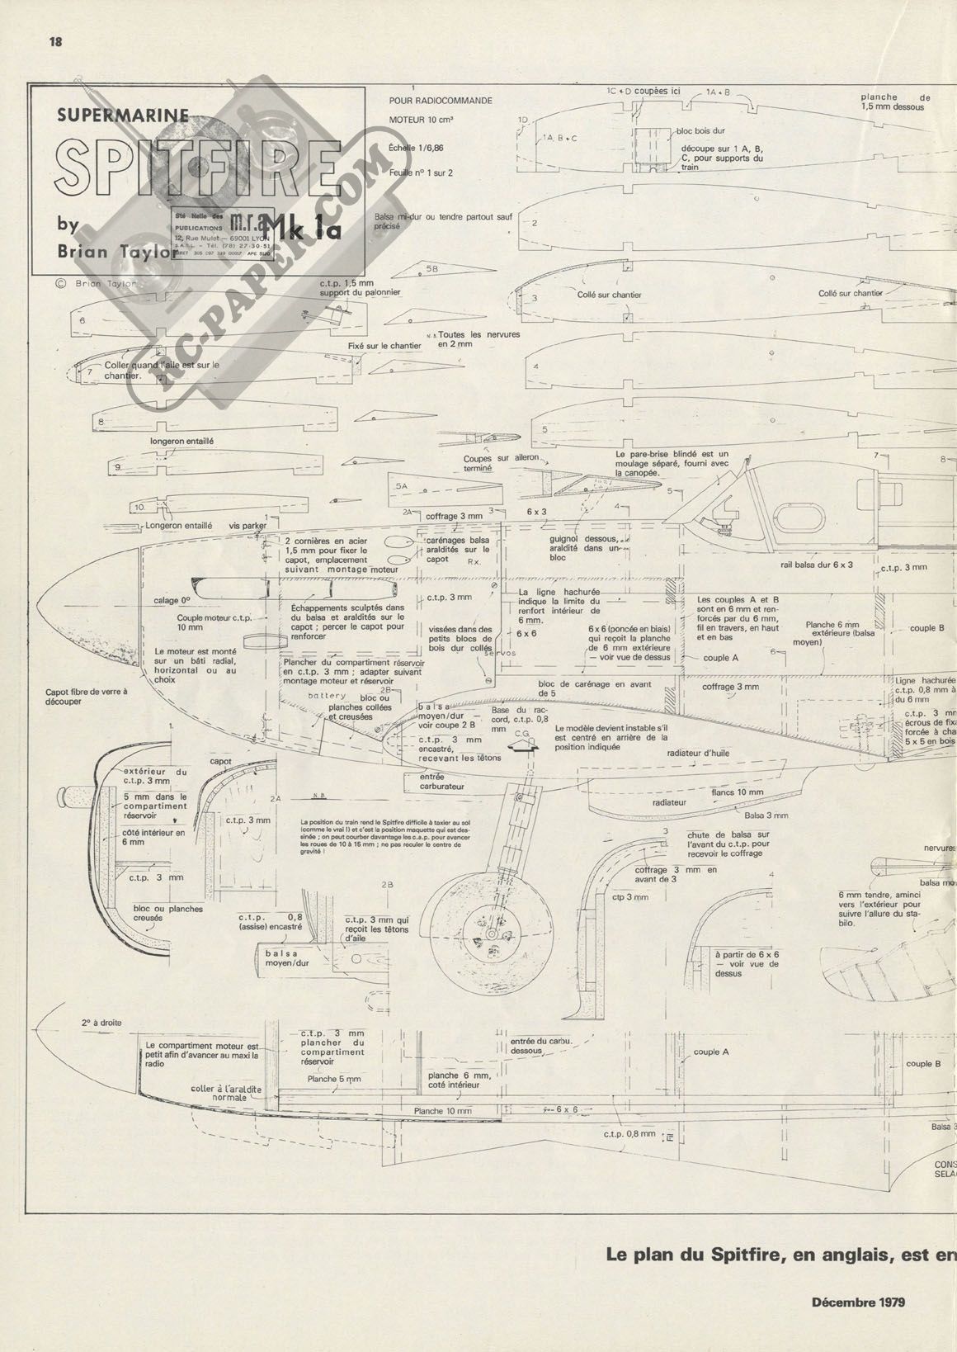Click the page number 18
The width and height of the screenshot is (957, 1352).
click(x=56, y=42)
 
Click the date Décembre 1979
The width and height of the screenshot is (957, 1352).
click(x=858, y=1302)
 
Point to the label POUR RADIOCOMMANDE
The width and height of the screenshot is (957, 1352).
click(x=440, y=101)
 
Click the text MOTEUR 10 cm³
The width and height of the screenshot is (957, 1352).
click(x=421, y=120)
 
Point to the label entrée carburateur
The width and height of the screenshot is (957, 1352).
click(x=442, y=781)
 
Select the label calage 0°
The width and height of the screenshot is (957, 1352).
click(x=172, y=601)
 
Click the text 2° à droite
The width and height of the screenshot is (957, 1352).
click(x=101, y=1023)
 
